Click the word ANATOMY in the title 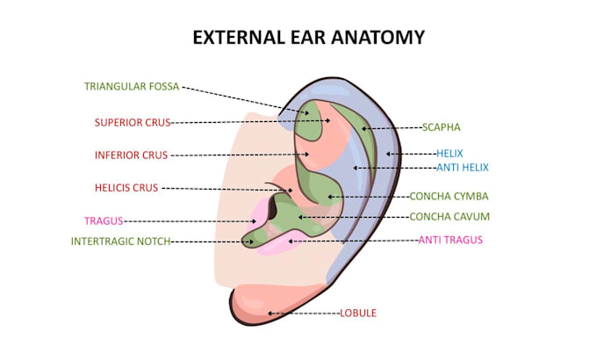pos(378,38)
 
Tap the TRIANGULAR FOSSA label pos(132,86)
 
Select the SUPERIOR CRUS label pos(133,123)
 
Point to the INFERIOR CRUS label pos(132,155)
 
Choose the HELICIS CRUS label pos(126,188)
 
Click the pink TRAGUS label pos(104,221)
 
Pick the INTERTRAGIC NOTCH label pos(120,241)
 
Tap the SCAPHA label pos(442,127)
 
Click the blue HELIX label pos(450,154)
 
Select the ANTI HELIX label pos(463,168)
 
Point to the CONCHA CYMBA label pos(449,197)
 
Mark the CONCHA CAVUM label pos(450,217)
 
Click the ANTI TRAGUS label pos(450,240)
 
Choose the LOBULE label pos(358,313)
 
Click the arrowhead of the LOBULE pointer pos(270,313)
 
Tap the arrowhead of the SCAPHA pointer pos(363,129)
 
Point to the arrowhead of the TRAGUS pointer pos(254,221)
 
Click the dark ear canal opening pos(273,208)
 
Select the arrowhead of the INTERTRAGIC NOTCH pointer pos(251,241)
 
